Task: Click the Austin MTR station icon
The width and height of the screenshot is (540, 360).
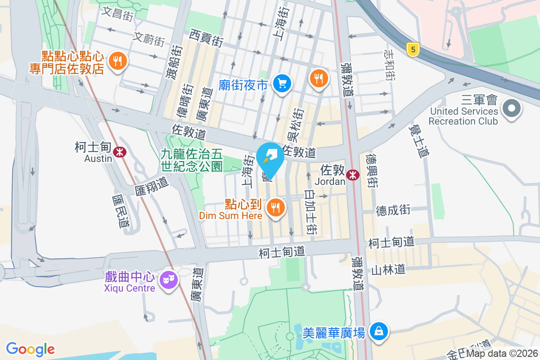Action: [x=120, y=152]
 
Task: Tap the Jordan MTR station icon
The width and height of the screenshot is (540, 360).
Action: [x=353, y=175]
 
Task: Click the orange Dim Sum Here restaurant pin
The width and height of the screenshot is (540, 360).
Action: [x=275, y=208]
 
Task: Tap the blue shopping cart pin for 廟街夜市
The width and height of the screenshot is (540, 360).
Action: [x=282, y=83]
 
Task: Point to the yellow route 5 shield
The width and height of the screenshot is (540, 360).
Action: [x=412, y=49]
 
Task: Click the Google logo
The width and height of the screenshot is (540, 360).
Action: [x=31, y=349]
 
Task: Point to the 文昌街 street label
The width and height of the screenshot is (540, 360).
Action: [x=117, y=13]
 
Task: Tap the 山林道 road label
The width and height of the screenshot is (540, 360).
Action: [x=388, y=270]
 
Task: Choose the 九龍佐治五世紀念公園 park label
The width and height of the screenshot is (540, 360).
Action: [x=192, y=160]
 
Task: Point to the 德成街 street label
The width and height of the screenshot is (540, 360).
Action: [x=393, y=210]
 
